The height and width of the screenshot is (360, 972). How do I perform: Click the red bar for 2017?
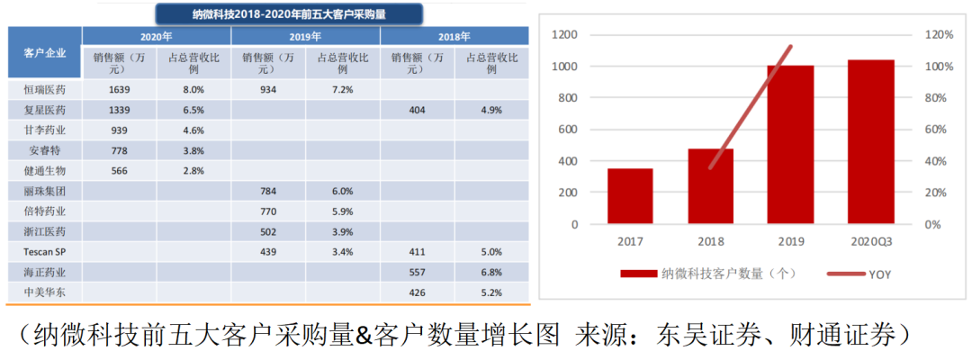coord(630,196)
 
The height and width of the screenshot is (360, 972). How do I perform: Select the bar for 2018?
coord(710,186)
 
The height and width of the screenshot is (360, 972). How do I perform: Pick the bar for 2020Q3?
coord(870,142)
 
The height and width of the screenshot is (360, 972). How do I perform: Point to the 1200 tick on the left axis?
coord(565,34)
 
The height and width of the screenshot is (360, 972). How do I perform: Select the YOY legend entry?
coord(869,274)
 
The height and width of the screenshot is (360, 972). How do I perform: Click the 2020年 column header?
coord(157,37)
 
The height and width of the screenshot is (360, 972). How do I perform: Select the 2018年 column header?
coord(454,37)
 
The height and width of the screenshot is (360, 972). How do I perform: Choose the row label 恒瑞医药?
coord(45,90)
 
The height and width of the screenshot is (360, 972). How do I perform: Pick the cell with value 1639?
coord(120,90)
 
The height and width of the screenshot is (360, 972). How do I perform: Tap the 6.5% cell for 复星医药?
coord(193,110)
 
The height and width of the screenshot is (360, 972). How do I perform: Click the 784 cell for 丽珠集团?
coord(268,190)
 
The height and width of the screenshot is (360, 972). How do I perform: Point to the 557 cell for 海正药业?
coord(417,271)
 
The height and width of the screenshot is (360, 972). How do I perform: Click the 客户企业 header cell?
coord(45,52)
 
